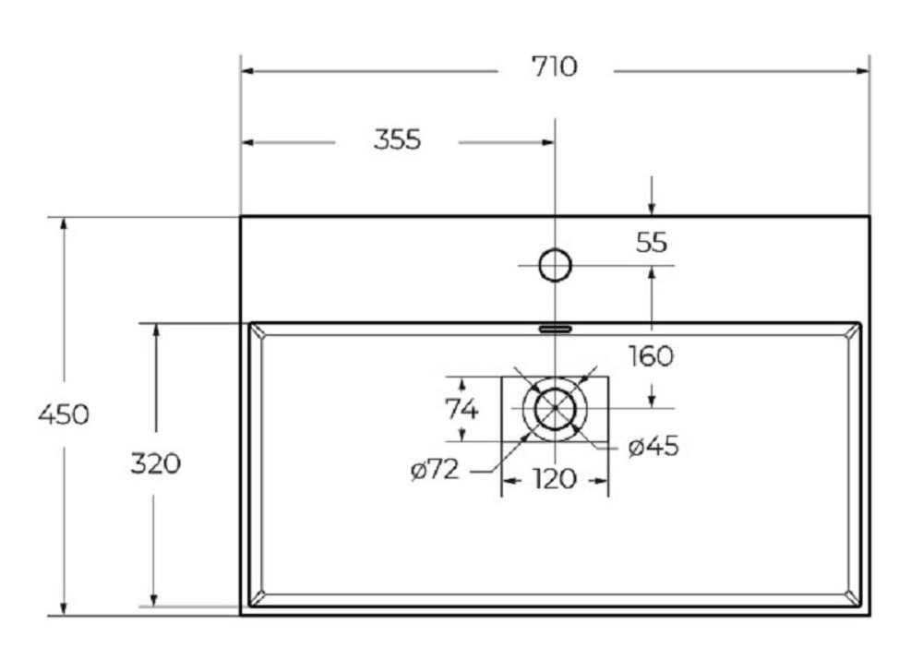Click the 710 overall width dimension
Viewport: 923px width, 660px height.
(x=555, y=66)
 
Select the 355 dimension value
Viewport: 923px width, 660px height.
(x=397, y=140)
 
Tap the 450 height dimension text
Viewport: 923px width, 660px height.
(x=64, y=414)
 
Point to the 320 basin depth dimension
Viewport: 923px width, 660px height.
(x=155, y=463)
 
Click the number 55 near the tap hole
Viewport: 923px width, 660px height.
(x=652, y=243)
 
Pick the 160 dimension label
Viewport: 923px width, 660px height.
(x=651, y=356)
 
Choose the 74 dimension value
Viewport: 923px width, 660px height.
(x=461, y=409)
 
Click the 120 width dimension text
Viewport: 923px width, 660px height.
(x=555, y=479)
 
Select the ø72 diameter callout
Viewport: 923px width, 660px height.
(x=435, y=470)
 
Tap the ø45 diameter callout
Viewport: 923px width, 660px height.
(x=653, y=446)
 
